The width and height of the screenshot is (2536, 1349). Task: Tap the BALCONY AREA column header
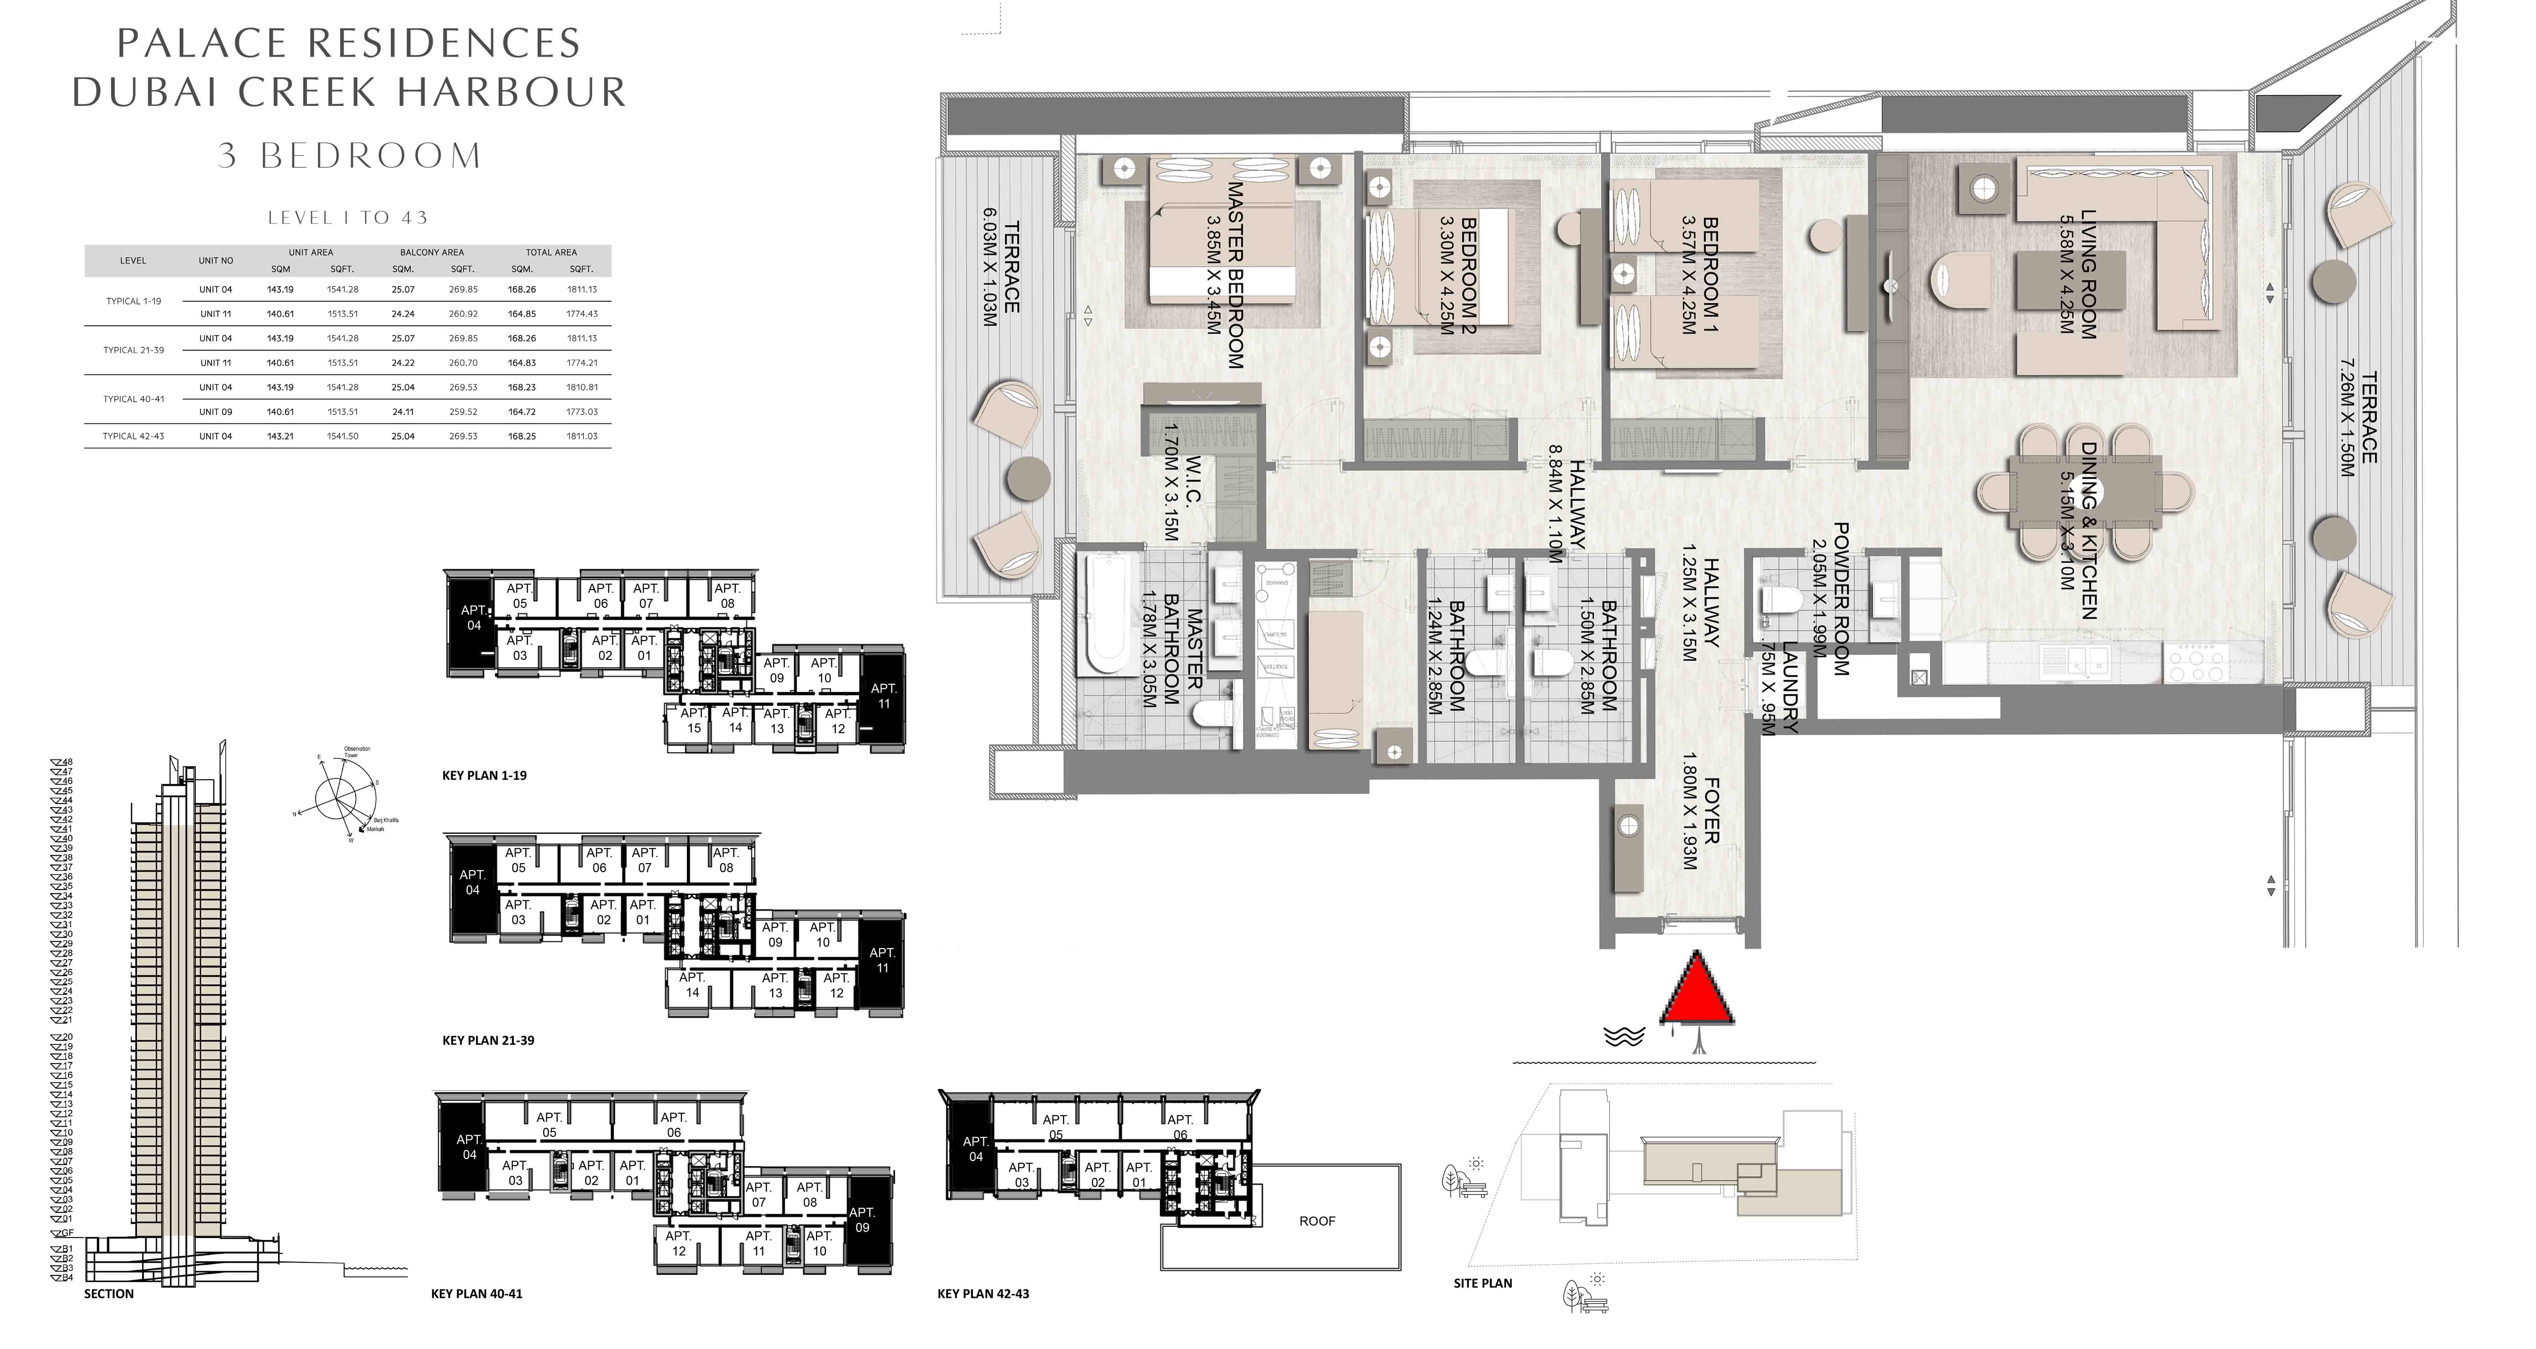(x=431, y=252)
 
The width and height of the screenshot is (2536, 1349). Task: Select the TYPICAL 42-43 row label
(x=133, y=436)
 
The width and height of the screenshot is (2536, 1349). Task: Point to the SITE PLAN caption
(x=1483, y=1283)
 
